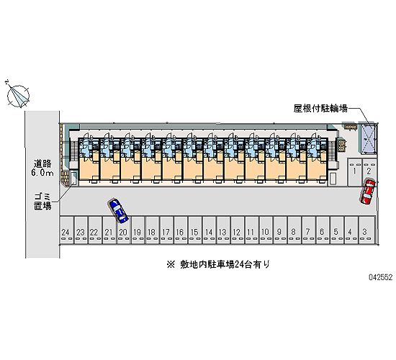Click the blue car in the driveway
(x=117, y=211)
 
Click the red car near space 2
(x=367, y=192)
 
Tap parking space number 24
(x=67, y=230)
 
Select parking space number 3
(x=366, y=230)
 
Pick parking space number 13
(x=223, y=230)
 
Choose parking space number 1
(x=354, y=173)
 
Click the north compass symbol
(x=18, y=96)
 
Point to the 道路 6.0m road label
(x=42, y=168)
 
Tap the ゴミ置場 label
(x=42, y=201)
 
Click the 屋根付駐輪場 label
(x=320, y=109)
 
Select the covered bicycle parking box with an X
(x=368, y=139)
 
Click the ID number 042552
(x=381, y=277)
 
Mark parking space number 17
(x=166, y=230)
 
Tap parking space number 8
(x=294, y=230)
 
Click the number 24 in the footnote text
(x=239, y=264)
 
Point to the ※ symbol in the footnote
(x=171, y=265)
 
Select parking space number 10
(x=266, y=230)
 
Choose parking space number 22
(x=95, y=230)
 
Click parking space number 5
(x=337, y=230)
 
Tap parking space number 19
(x=138, y=230)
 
